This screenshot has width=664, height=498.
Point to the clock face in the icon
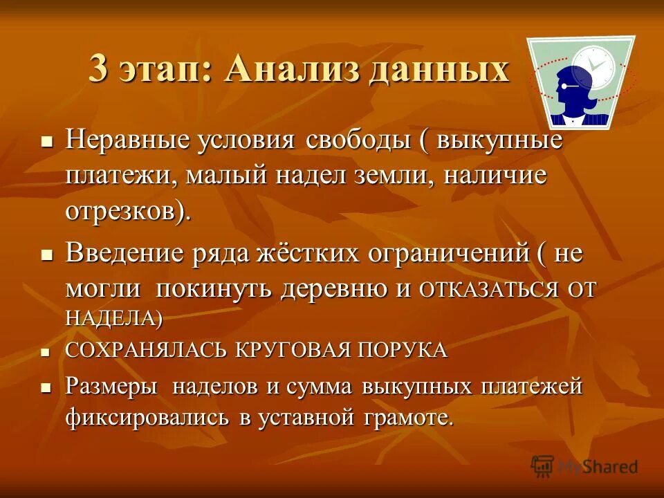pos(593,67)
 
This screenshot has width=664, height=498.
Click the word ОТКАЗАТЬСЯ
pos(489,290)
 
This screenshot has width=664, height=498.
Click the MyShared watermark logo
pos(585,466)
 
